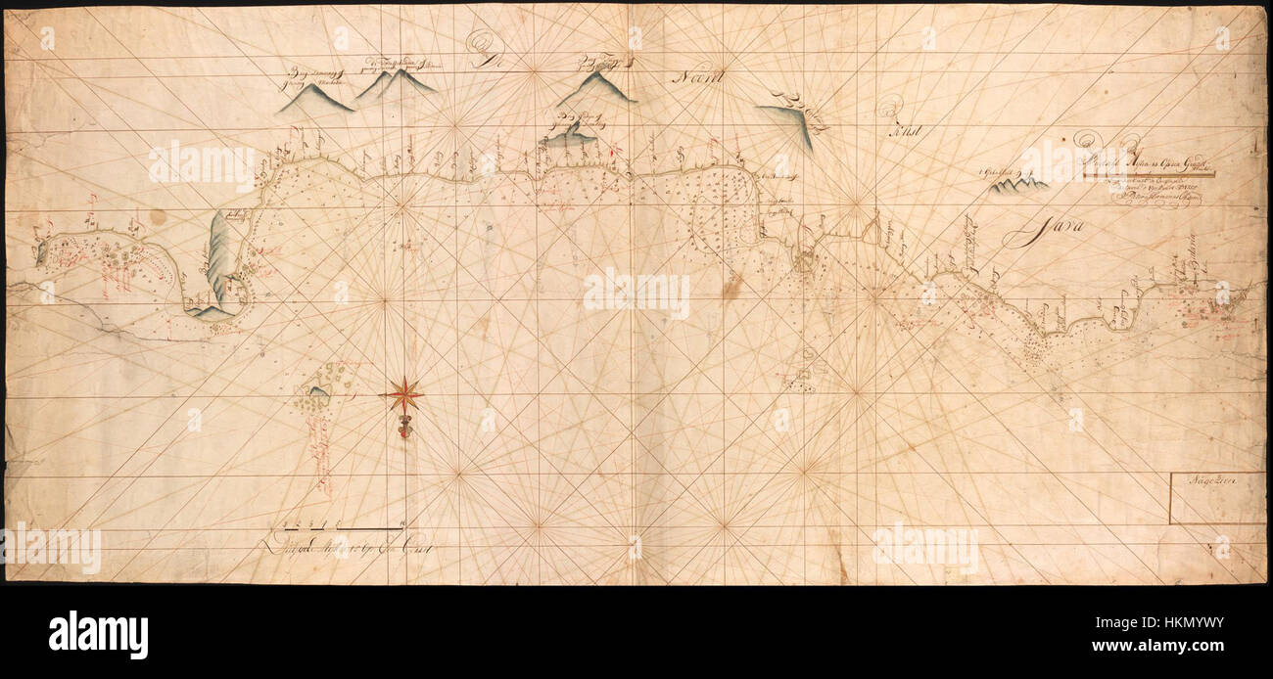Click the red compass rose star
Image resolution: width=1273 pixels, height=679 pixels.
pyautogui.click(x=401, y=395)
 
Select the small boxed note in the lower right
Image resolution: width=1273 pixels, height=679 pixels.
pyautogui.click(x=1217, y=498)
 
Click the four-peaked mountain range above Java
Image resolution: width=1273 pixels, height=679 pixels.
pyautogui.click(x=1018, y=182)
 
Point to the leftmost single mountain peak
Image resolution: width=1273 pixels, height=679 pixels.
pyautogui.click(x=314, y=98)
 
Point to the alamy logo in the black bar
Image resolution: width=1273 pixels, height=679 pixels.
pyautogui.click(x=98, y=634)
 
